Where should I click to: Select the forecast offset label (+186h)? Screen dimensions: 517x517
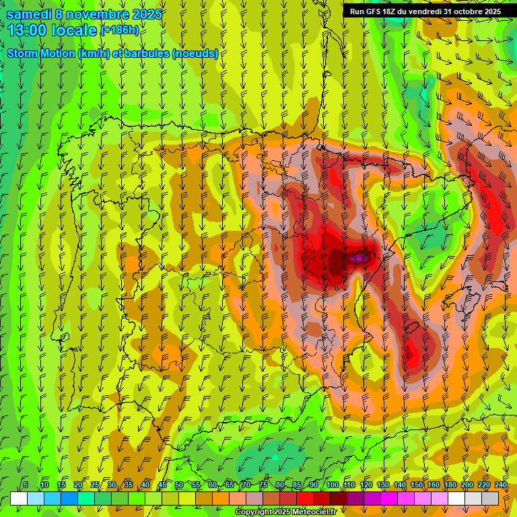[119, 30]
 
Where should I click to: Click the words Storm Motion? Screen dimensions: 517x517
[40, 54]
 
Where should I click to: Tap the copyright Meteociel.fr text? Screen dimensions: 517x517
[285, 512]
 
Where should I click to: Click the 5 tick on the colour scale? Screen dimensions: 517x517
[26, 485]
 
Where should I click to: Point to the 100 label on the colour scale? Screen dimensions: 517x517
[332, 485]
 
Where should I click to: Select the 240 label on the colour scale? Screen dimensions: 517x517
[500, 485]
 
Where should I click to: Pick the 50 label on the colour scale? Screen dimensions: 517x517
[178, 485]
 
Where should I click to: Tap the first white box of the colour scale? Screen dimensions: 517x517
[19, 498]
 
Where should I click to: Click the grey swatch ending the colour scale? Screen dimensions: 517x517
[490, 498]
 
